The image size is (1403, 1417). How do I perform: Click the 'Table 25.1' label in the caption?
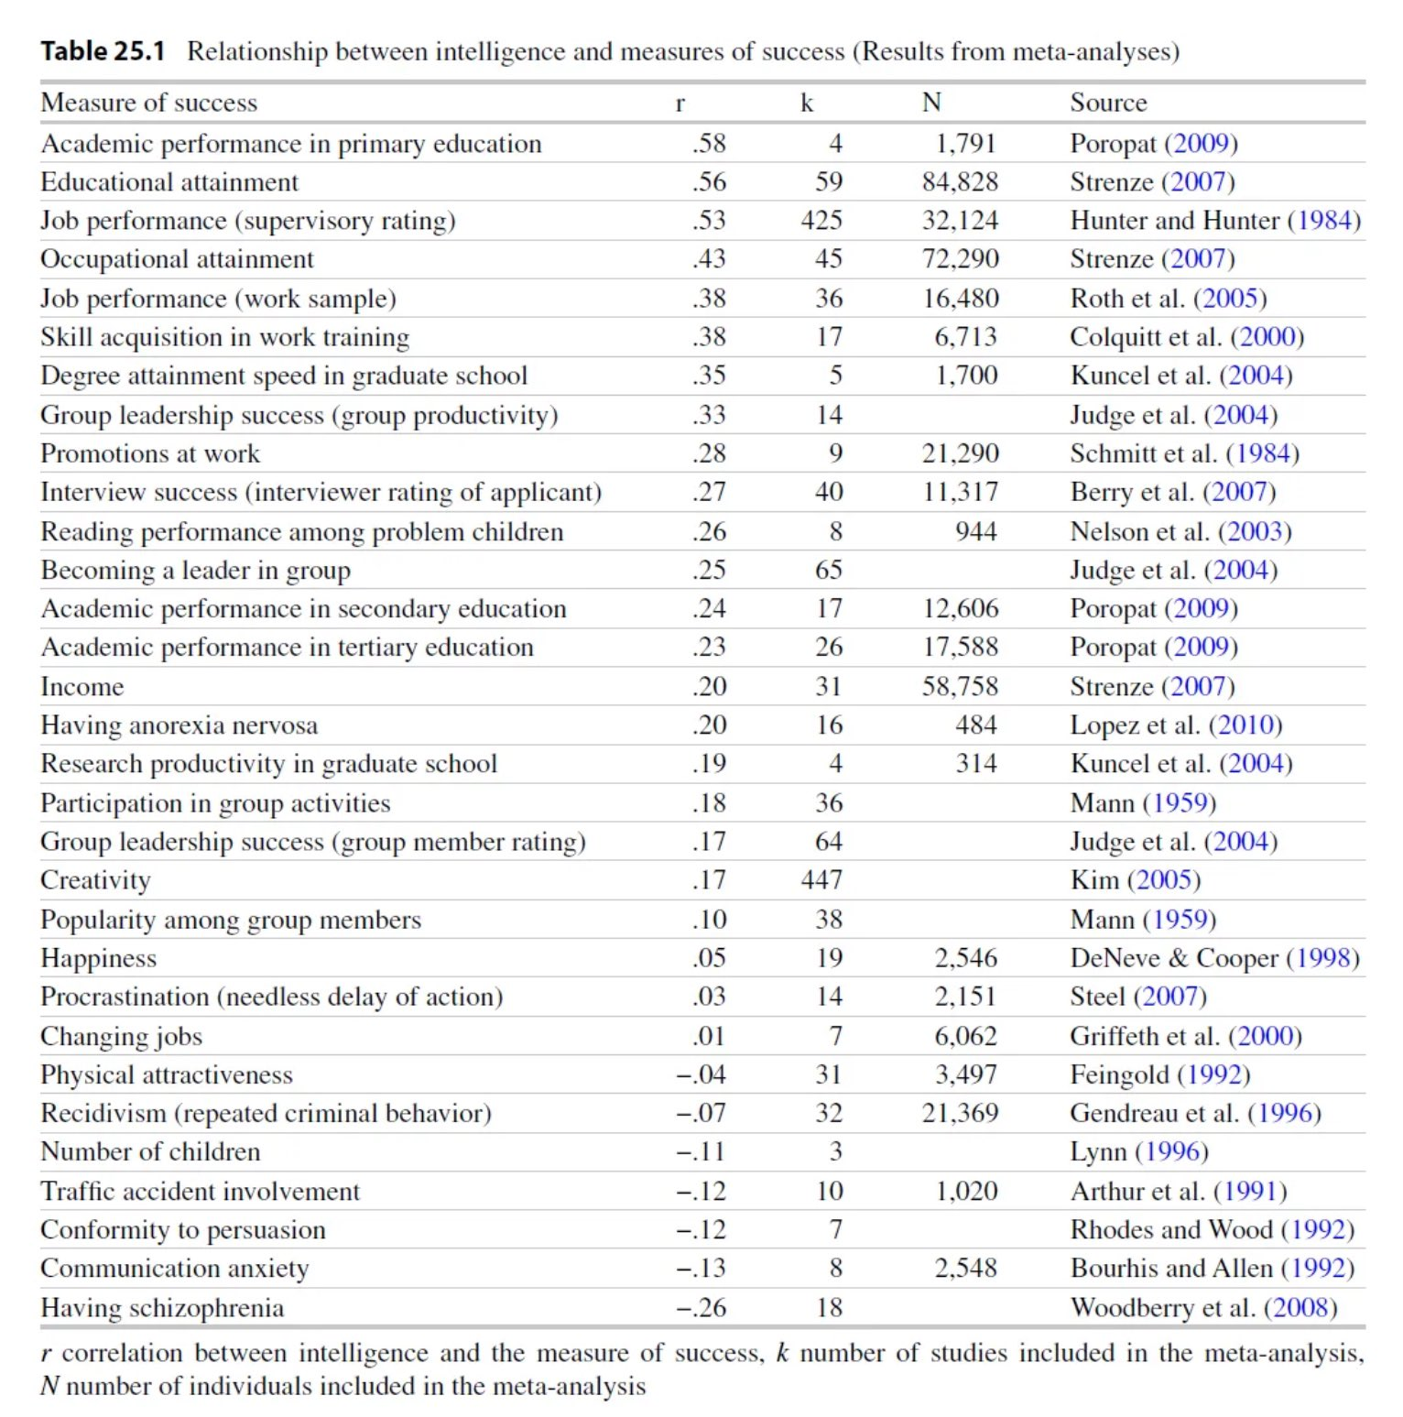coord(103,51)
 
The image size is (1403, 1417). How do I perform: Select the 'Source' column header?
coord(1108,103)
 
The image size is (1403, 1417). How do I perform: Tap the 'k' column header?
coord(806,103)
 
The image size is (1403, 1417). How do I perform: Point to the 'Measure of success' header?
coord(149,103)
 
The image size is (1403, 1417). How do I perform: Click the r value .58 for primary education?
coord(709,144)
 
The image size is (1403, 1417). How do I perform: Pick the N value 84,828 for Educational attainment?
coord(960,182)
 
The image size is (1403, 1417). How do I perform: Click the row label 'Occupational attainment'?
coord(177,259)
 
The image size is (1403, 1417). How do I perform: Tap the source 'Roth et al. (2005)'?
coord(1169,299)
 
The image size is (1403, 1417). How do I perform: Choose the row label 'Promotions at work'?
coord(150,453)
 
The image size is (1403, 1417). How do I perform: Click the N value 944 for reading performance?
coord(975,531)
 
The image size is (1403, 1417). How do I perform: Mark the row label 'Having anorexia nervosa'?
coord(179,725)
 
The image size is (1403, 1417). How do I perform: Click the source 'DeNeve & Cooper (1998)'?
coord(1214,958)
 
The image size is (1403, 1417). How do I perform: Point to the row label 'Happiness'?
coord(99,958)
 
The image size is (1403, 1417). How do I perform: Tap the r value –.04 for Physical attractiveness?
coord(701,1074)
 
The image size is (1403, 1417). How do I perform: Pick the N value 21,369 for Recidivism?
coord(960,1113)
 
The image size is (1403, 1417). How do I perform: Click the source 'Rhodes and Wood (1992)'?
coord(1212,1229)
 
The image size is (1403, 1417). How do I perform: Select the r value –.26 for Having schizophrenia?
coord(701,1307)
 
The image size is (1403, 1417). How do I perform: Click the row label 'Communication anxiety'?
coord(175,1269)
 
